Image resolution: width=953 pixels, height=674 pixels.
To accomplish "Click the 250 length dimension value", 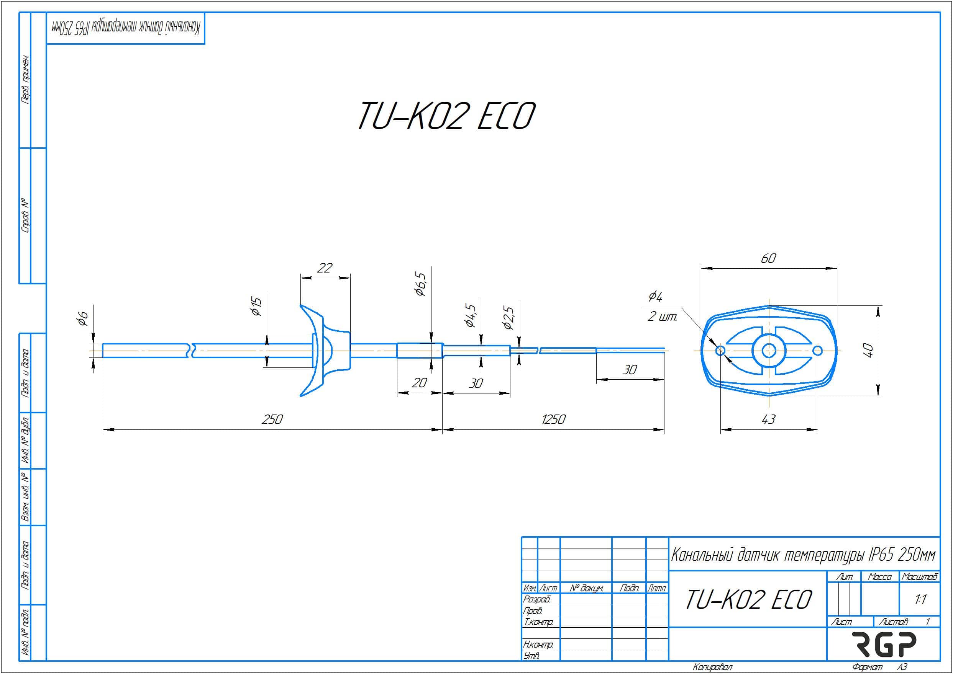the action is tap(272, 419).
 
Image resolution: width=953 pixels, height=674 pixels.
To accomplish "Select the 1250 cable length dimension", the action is tap(553, 419).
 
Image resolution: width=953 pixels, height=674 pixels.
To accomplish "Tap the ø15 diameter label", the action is tap(256, 307).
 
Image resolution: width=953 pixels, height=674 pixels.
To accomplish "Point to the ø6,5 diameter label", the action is tap(420, 284).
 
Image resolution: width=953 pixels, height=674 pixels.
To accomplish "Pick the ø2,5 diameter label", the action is tap(508, 318).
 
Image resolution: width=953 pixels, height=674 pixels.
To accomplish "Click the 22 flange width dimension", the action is tap(325, 268).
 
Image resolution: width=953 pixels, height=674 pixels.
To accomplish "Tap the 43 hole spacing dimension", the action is tap(768, 419).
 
